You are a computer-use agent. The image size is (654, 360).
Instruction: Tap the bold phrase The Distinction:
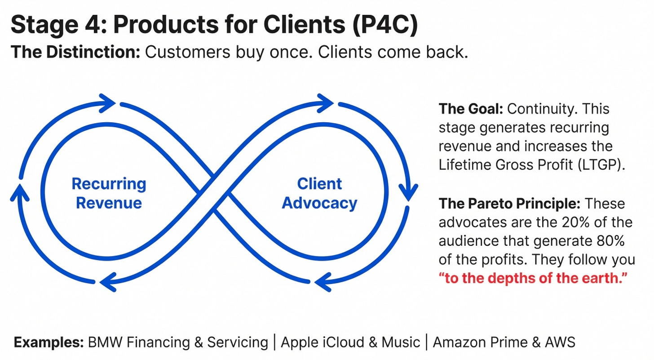click(75, 52)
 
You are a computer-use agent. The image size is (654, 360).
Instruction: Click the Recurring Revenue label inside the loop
click(109, 193)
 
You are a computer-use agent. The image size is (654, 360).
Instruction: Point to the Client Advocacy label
click(319, 193)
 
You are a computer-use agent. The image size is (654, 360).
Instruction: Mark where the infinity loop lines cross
click(214, 193)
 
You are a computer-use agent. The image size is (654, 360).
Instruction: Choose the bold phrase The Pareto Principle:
click(509, 204)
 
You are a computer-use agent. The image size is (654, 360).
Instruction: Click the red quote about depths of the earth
click(533, 279)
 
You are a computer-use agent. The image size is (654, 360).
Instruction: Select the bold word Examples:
click(49, 342)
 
